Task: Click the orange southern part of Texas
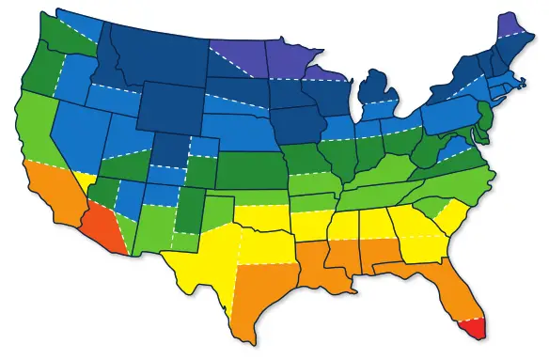click(259, 291)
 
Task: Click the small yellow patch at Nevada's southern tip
click(86, 178)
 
